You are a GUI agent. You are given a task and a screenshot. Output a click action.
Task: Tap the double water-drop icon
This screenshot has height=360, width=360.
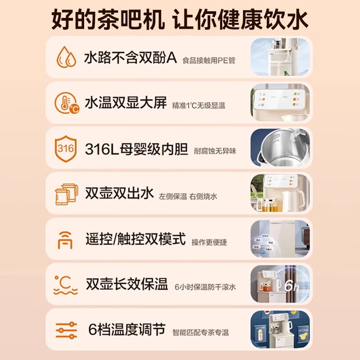click(66, 57)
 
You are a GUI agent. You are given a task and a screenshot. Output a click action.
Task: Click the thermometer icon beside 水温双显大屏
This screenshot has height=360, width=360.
click(66, 103)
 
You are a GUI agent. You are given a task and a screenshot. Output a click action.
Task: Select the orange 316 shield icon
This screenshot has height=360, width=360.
click(66, 148)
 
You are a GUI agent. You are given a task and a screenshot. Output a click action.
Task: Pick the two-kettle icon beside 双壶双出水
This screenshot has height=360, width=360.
click(66, 194)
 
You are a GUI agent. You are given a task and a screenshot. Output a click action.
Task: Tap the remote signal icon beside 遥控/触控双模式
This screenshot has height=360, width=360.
click(65, 239)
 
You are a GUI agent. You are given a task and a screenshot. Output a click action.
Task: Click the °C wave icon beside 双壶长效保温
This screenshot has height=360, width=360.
click(65, 284)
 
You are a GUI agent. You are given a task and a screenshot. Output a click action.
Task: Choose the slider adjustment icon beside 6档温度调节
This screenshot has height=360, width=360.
click(66, 330)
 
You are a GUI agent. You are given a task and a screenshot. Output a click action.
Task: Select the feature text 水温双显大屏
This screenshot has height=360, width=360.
click(126, 103)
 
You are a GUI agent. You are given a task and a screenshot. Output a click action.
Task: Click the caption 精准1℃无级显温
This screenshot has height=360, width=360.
click(198, 106)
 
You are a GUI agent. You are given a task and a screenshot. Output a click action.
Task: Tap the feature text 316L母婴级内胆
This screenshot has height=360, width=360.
click(136, 148)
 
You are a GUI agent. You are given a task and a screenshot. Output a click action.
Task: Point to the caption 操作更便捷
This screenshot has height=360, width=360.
click(209, 242)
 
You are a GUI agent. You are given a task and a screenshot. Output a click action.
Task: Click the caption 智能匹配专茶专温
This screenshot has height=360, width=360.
click(201, 333)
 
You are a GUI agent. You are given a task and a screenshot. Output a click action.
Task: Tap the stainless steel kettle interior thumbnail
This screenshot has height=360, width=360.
click(280, 148)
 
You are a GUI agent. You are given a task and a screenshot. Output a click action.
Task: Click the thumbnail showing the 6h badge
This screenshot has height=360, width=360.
click(280, 284)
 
